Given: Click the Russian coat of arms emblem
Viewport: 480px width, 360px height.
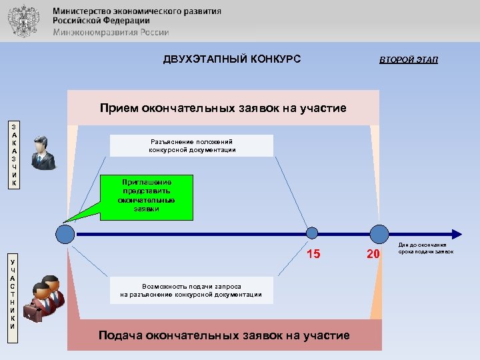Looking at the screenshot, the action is (24, 21).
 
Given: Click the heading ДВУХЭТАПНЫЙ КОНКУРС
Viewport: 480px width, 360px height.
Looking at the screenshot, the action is (232, 59).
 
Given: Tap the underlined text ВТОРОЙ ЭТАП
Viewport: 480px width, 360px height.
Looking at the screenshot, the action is (409, 60).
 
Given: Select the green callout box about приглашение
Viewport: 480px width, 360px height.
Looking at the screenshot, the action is (146, 198).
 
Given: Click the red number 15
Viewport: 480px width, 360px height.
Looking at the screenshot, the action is (313, 253).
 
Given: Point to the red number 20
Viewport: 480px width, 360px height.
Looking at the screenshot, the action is (373, 253).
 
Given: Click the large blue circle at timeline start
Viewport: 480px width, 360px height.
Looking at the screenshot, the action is (65, 234).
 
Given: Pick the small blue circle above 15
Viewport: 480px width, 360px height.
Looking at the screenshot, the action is (311, 233).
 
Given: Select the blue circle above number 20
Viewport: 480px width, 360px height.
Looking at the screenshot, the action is (379, 234).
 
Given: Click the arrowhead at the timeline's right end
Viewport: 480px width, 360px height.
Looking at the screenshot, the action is (457, 234).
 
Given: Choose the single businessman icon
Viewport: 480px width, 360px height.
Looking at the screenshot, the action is (44, 152).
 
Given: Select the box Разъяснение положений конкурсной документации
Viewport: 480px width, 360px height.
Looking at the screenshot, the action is (192, 145).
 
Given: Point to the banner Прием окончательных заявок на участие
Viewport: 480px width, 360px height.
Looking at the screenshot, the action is (223, 108).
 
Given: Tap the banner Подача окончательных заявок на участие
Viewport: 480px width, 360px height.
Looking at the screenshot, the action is (223, 335).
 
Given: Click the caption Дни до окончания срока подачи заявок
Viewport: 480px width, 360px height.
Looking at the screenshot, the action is (427, 249).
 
